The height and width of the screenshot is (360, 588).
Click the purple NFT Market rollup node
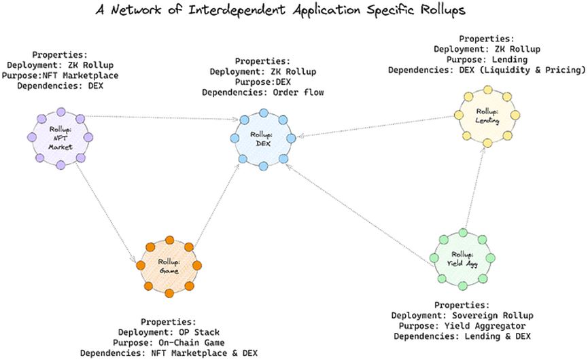coord(60,139)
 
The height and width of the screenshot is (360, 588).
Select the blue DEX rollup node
coord(263,139)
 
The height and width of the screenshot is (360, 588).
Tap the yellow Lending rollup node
coord(487,116)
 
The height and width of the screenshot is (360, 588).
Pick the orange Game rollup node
coord(169,266)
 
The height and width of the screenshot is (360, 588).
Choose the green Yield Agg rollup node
coord(462,259)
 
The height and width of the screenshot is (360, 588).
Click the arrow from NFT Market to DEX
coord(162,118)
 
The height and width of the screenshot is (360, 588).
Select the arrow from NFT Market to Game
coord(105,213)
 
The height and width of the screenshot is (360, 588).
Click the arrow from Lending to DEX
coord(375,126)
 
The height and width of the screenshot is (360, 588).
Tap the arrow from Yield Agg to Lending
coord(474,187)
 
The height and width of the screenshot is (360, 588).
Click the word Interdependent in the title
coord(237,10)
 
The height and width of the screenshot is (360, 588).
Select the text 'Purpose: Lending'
coord(487,60)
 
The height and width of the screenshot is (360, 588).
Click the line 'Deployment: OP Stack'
coord(169,332)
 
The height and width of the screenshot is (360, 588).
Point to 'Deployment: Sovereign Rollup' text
coord(462,315)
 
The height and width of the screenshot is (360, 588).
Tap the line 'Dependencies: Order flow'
coord(263,92)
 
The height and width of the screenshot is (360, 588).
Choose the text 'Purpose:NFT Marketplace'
coord(60,75)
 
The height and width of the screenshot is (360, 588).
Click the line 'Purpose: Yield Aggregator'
coord(462,326)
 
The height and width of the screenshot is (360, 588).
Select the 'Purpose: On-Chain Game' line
coord(169,343)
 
